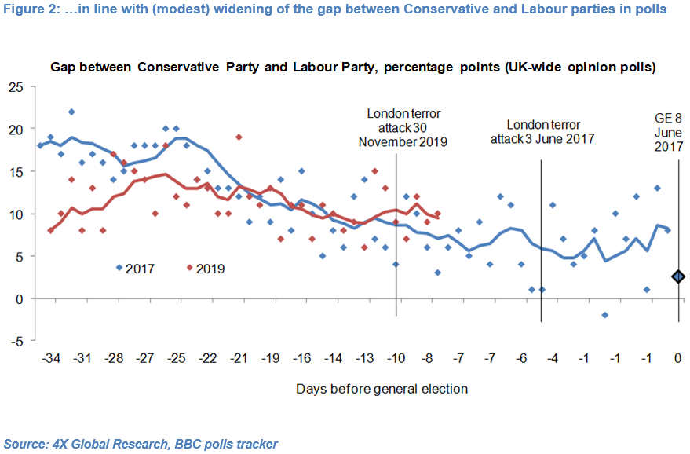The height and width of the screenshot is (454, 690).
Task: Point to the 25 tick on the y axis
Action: pyautogui.click(x=16, y=86)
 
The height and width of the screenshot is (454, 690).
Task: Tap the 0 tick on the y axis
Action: pyautogui.click(x=20, y=298)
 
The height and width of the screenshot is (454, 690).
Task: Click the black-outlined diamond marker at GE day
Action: pyautogui.click(x=678, y=276)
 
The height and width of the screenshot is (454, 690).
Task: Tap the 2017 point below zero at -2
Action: pyautogui.click(x=604, y=315)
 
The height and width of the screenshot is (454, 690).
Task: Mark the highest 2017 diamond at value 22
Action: pyautogui.click(x=71, y=112)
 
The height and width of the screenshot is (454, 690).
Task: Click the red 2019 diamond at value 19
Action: pyautogui.click(x=239, y=137)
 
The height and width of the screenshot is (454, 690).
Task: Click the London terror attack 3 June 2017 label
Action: pyautogui.click(x=542, y=132)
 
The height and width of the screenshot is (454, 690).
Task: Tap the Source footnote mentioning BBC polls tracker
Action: pyautogui.click(x=141, y=444)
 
